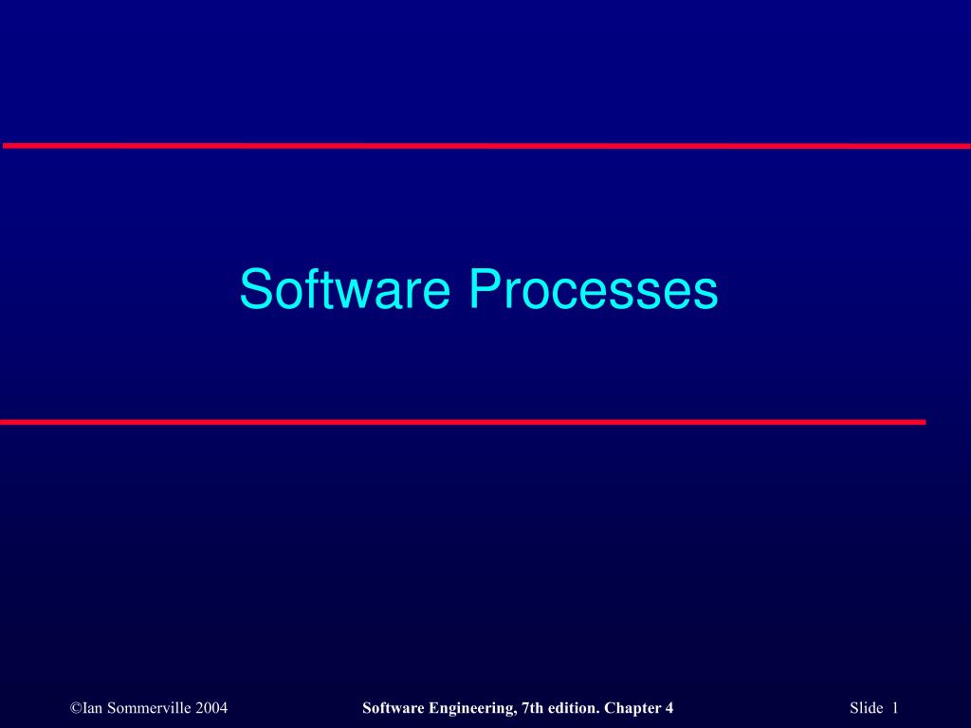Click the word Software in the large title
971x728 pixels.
coord(343,289)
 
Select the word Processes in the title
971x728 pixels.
coord(594,289)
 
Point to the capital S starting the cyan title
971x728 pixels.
coord(253,289)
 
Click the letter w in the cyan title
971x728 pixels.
coord(357,293)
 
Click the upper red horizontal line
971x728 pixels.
coord(485,146)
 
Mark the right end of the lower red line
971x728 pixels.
coord(923,422)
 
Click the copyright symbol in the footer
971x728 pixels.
coord(76,708)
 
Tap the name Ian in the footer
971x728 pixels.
coord(93,708)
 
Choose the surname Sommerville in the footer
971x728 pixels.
coord(149,708)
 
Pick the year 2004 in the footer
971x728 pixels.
coord(211,708)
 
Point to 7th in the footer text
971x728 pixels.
coord(533,708)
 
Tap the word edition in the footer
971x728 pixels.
coord(572,708)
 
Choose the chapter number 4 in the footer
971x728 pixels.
coord(669,708)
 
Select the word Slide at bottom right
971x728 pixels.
coord(866,708)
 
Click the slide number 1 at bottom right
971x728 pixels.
coord(895,708)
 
